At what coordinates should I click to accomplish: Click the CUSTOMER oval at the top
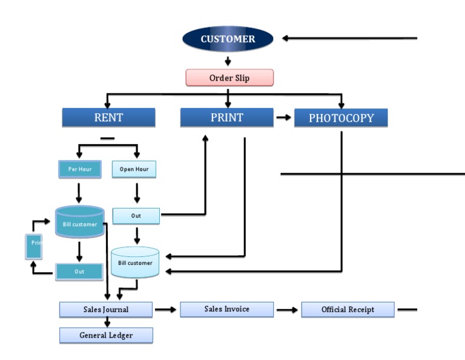click(228, 39)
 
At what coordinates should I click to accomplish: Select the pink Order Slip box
click(229, 78)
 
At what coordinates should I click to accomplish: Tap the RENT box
click(108, 118)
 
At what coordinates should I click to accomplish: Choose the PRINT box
click(227, 118)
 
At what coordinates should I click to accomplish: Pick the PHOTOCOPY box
click(341, 118)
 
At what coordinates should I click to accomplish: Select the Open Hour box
click(134, 169)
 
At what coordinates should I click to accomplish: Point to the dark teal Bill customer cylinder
click(79, 223)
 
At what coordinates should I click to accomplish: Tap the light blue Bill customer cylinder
click(135, 262)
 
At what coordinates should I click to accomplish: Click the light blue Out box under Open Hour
click(136, 216)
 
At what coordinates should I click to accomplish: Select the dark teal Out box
click(79, 272)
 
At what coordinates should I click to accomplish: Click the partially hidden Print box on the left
click(35, 244)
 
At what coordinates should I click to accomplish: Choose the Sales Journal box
click(105, 310)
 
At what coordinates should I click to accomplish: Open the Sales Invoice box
click(226, 309)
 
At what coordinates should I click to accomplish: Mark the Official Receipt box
click(348, 310)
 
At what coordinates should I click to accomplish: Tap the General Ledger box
click(106, 335)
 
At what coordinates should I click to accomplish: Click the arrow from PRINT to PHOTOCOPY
click(283, 118)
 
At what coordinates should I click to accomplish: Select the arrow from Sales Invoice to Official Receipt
click(287, 310)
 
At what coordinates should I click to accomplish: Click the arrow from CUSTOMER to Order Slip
click(228, 61)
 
